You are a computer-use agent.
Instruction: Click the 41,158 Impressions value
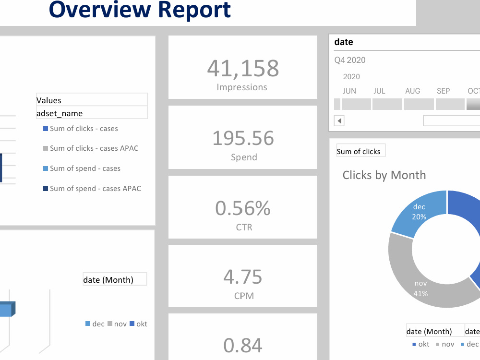pyautogui.click(x=243, y=68)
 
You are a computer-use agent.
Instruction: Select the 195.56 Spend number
pyautogui.click(x=243, y=138)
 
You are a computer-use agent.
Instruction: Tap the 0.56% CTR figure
pyautogui.click(x=243, y=208)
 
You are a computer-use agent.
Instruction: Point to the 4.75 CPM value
pyautogui.click(x=243, y=277)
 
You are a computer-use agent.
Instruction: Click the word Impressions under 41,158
pyautogui.click(x=242, y=87)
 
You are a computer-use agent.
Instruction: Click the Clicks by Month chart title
pyautogui.click(x=384, y=175)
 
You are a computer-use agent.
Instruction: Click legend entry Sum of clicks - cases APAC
pyautogui.click(x=91, y=148)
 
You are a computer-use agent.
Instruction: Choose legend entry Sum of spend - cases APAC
pyautogui.click(x=92, y=189)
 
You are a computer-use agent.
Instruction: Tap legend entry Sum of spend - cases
pyautogui.click(x=82, y=168)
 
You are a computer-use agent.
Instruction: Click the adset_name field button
pyautogui.click(x=92, y=113)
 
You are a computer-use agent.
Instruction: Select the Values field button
pyautogui.click(x=92, y=100)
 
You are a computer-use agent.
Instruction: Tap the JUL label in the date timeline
pyautogui.click(x=379, y=91)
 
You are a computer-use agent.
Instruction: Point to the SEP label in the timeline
pyautogui.click(x=443, y=91)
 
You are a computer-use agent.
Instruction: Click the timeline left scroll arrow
pyautogui.click(x=339, y=120)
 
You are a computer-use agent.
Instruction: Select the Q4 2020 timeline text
pyautogui.click(x=350, y=60)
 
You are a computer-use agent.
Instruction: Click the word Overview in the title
pyautogui.click(x=100, y=9)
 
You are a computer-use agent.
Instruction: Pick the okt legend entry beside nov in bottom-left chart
pyautogui.click(x=138, y=324)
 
